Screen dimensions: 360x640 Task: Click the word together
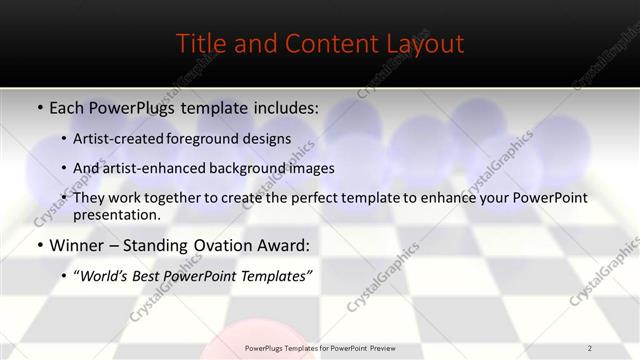pos(175,197)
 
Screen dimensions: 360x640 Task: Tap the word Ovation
pos(223,245)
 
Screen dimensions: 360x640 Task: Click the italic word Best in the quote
pos(153,276)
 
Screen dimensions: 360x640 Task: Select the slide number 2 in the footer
pos(590,348)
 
